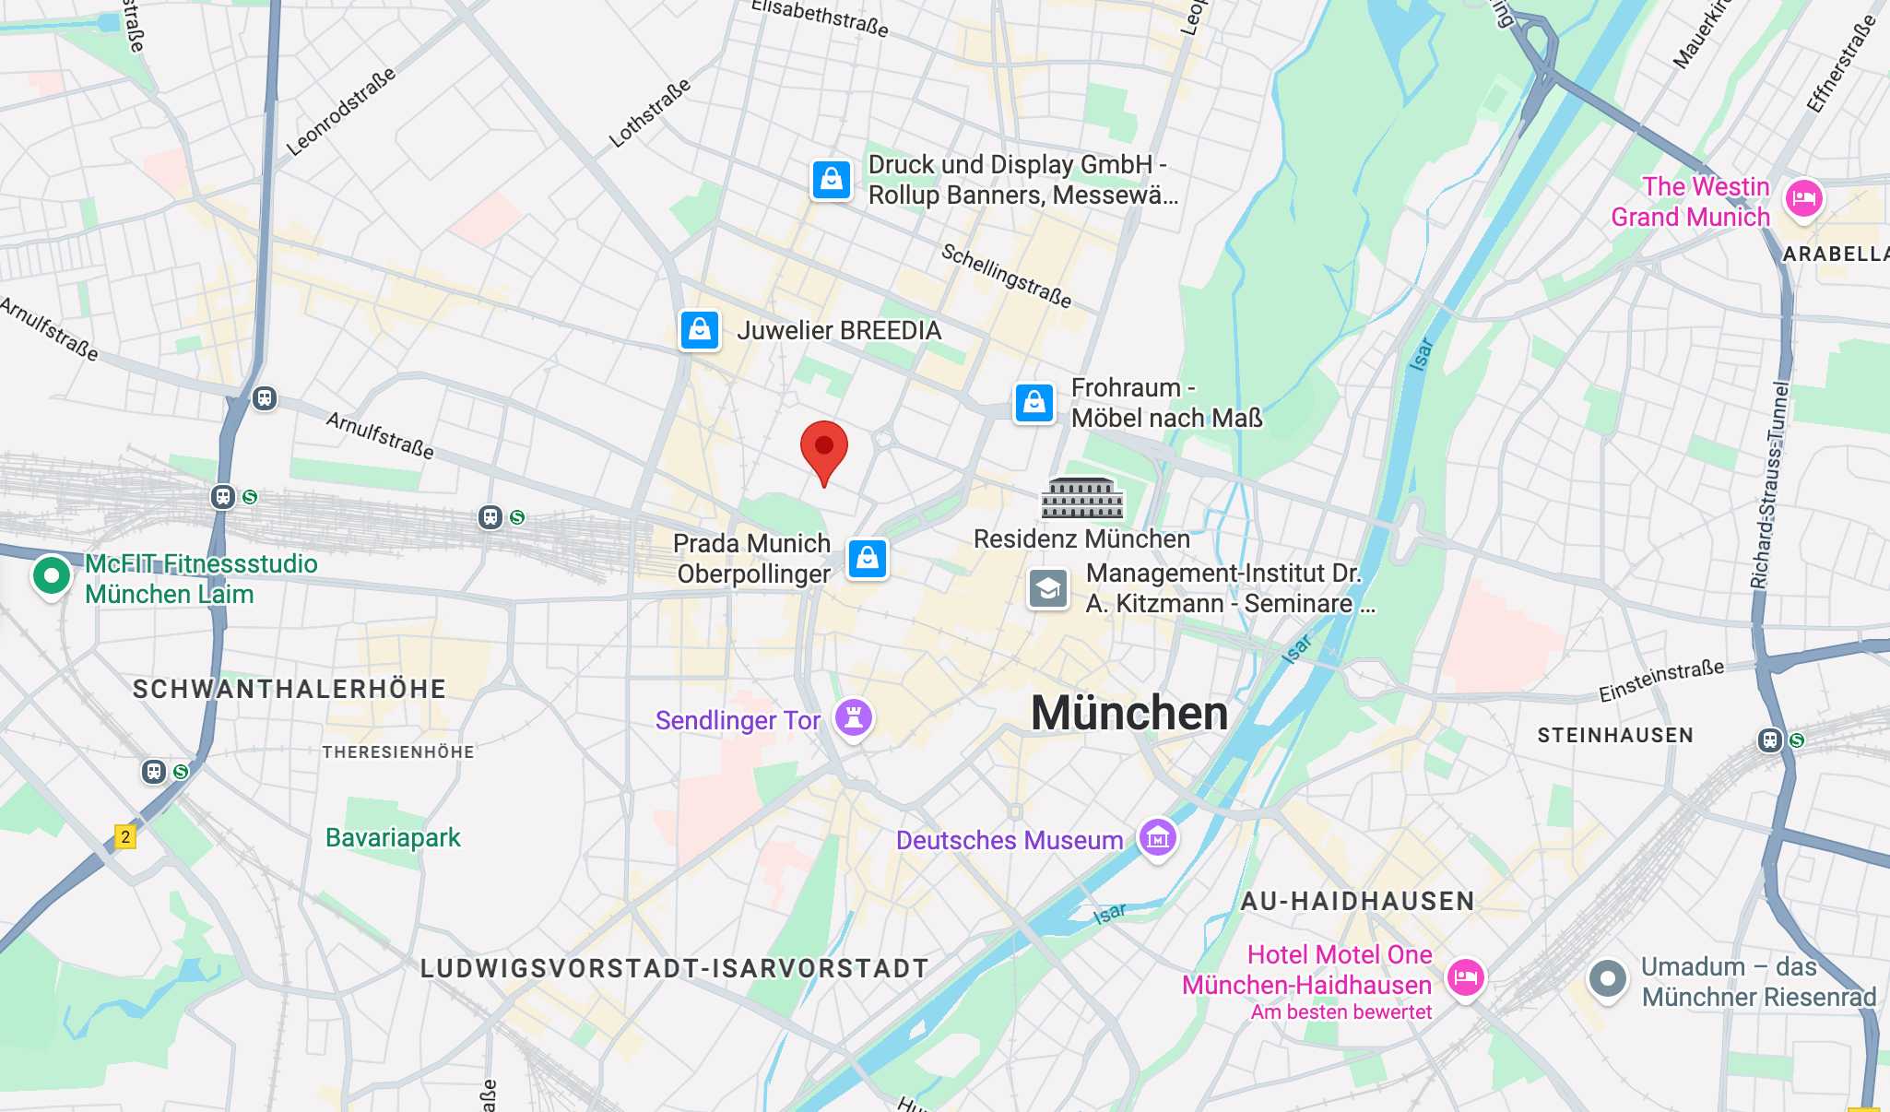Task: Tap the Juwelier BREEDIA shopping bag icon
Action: [x=700, y=330]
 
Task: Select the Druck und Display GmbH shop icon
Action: [x=831, y=179]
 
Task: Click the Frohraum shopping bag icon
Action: [x=1034, y=403]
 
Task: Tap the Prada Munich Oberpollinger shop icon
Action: [x=867, y=559]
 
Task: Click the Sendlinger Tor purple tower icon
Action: [x=854, y=717]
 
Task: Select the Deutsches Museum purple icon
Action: [x=1158, y=838]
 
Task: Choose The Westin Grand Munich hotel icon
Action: [x=1803, y=199]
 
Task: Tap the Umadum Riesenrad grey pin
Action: [x=1608, y=978]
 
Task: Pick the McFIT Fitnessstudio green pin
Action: [x=52, y=576]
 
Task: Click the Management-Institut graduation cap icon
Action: [x=1048, y=588]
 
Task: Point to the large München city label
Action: [x=1129, y=714]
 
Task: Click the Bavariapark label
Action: [x=393, y=837]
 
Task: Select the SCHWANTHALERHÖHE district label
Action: [x=289, y=689]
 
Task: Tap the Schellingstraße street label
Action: [x=1006, y=276]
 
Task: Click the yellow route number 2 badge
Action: [x=125, y=836]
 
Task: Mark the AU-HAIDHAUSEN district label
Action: [x=1357, y=901]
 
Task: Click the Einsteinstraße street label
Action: [x=1660, y=680]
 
